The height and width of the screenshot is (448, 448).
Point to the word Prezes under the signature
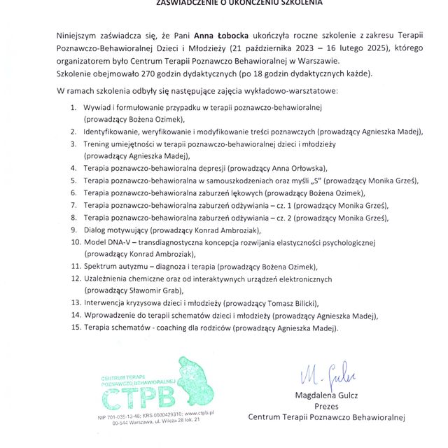tap(327, 406)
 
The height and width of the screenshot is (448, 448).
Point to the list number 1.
tap(73, 107)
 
